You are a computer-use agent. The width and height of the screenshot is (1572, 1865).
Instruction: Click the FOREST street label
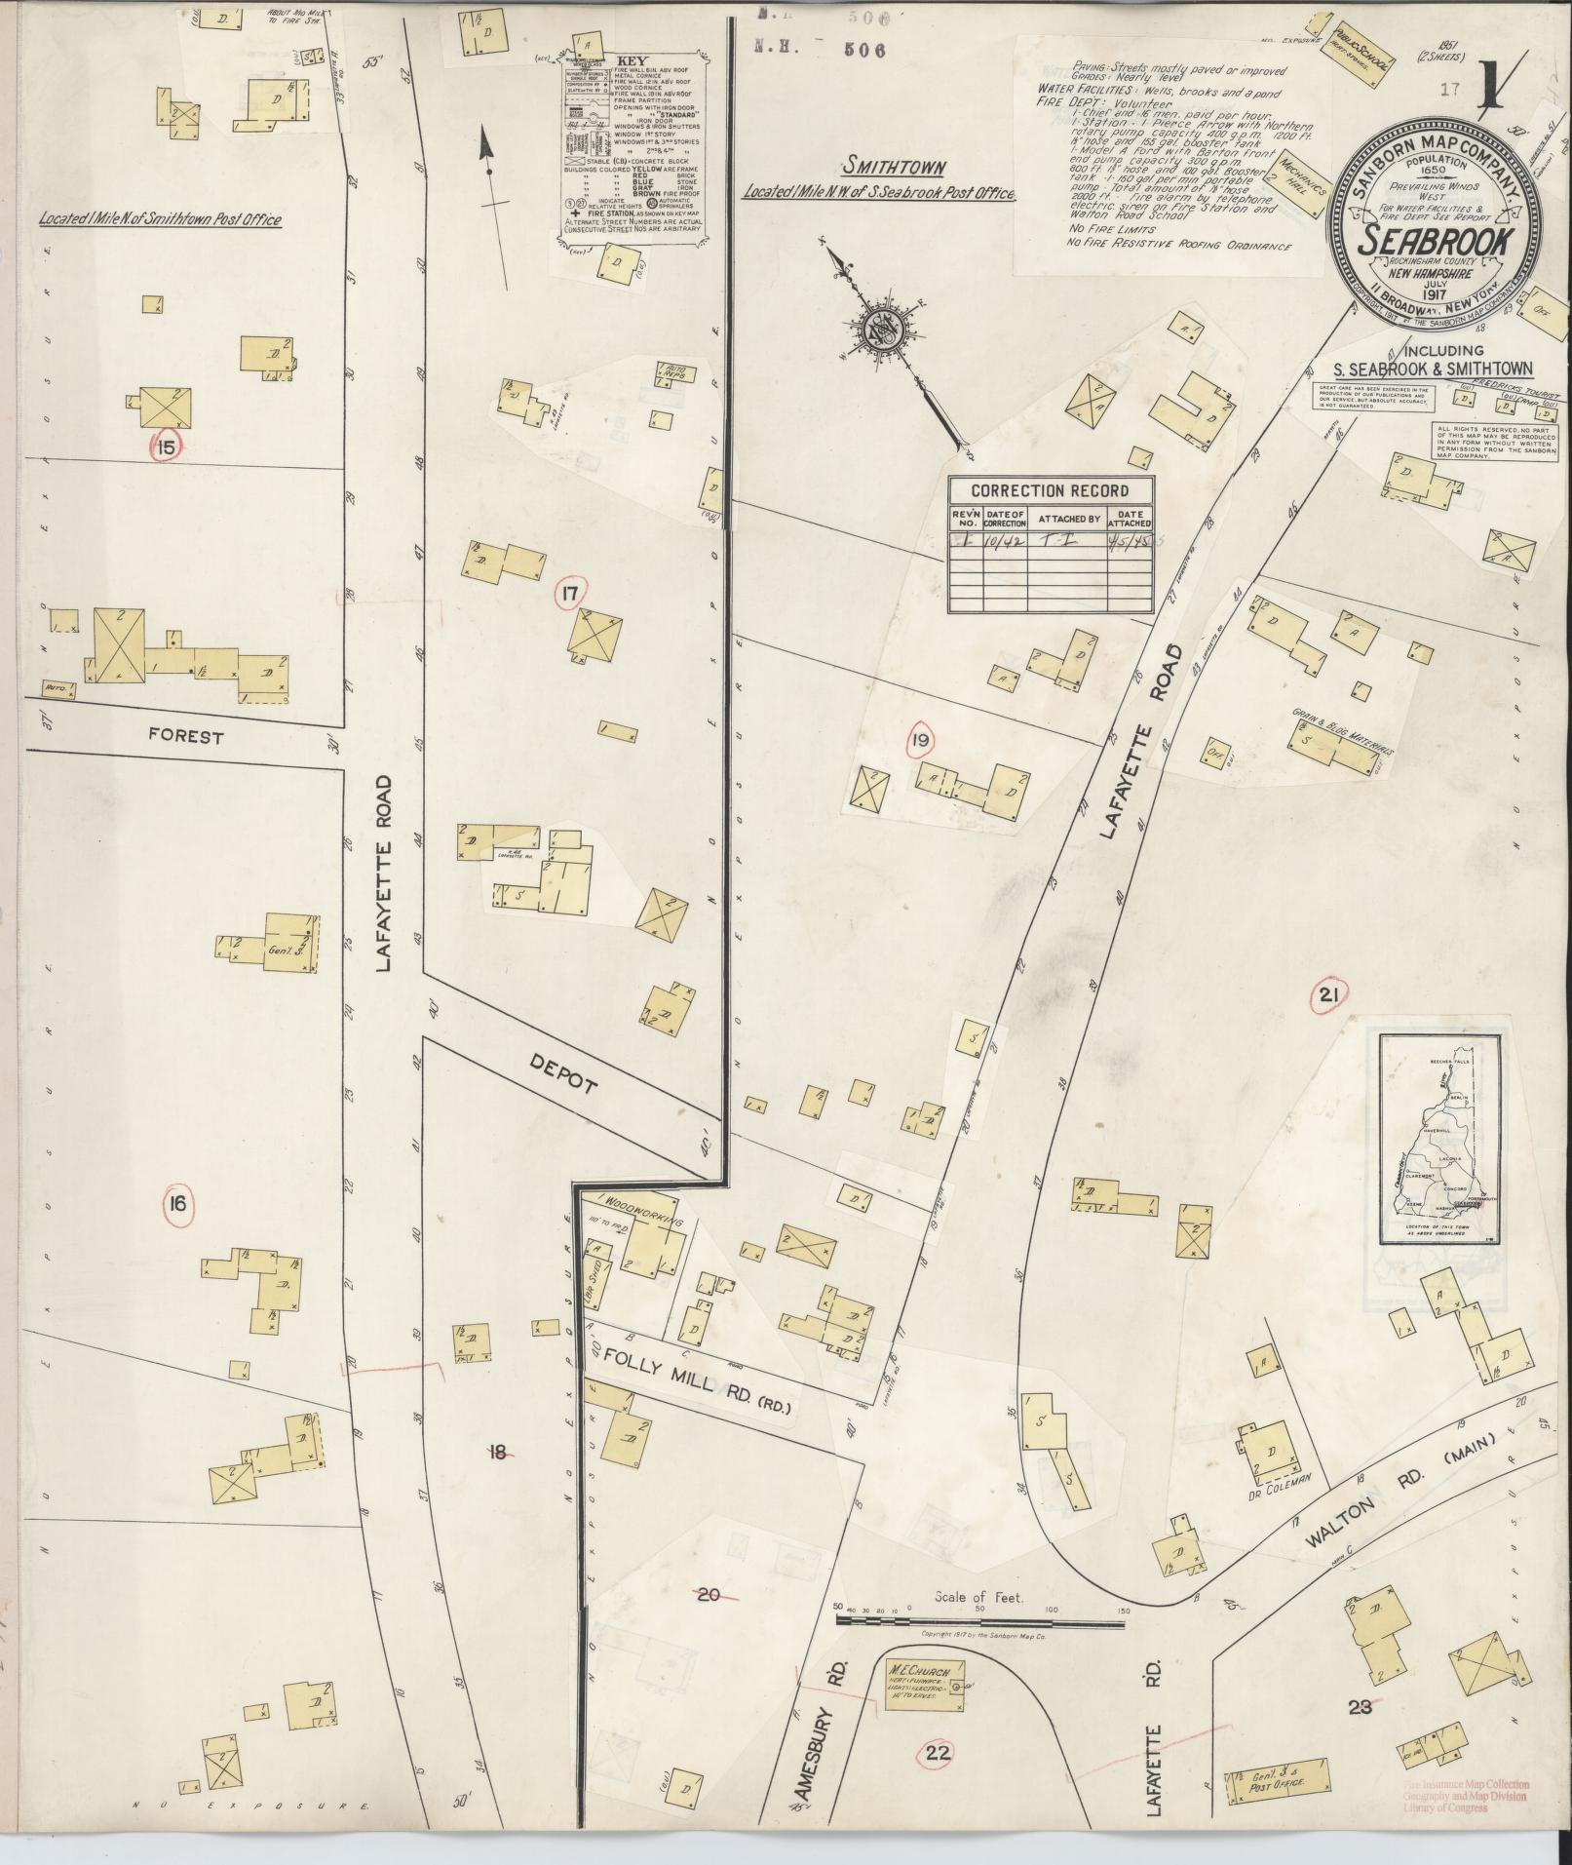tap(184, 737)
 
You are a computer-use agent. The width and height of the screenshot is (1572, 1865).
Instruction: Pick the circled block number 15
tap(166, 447)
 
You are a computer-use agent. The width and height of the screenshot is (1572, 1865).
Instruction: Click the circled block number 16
tap(177, 1205)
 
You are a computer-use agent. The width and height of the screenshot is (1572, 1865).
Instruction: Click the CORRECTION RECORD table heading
tap(1050, 490)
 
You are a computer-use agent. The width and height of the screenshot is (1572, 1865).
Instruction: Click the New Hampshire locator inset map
tap(1443, 1139)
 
